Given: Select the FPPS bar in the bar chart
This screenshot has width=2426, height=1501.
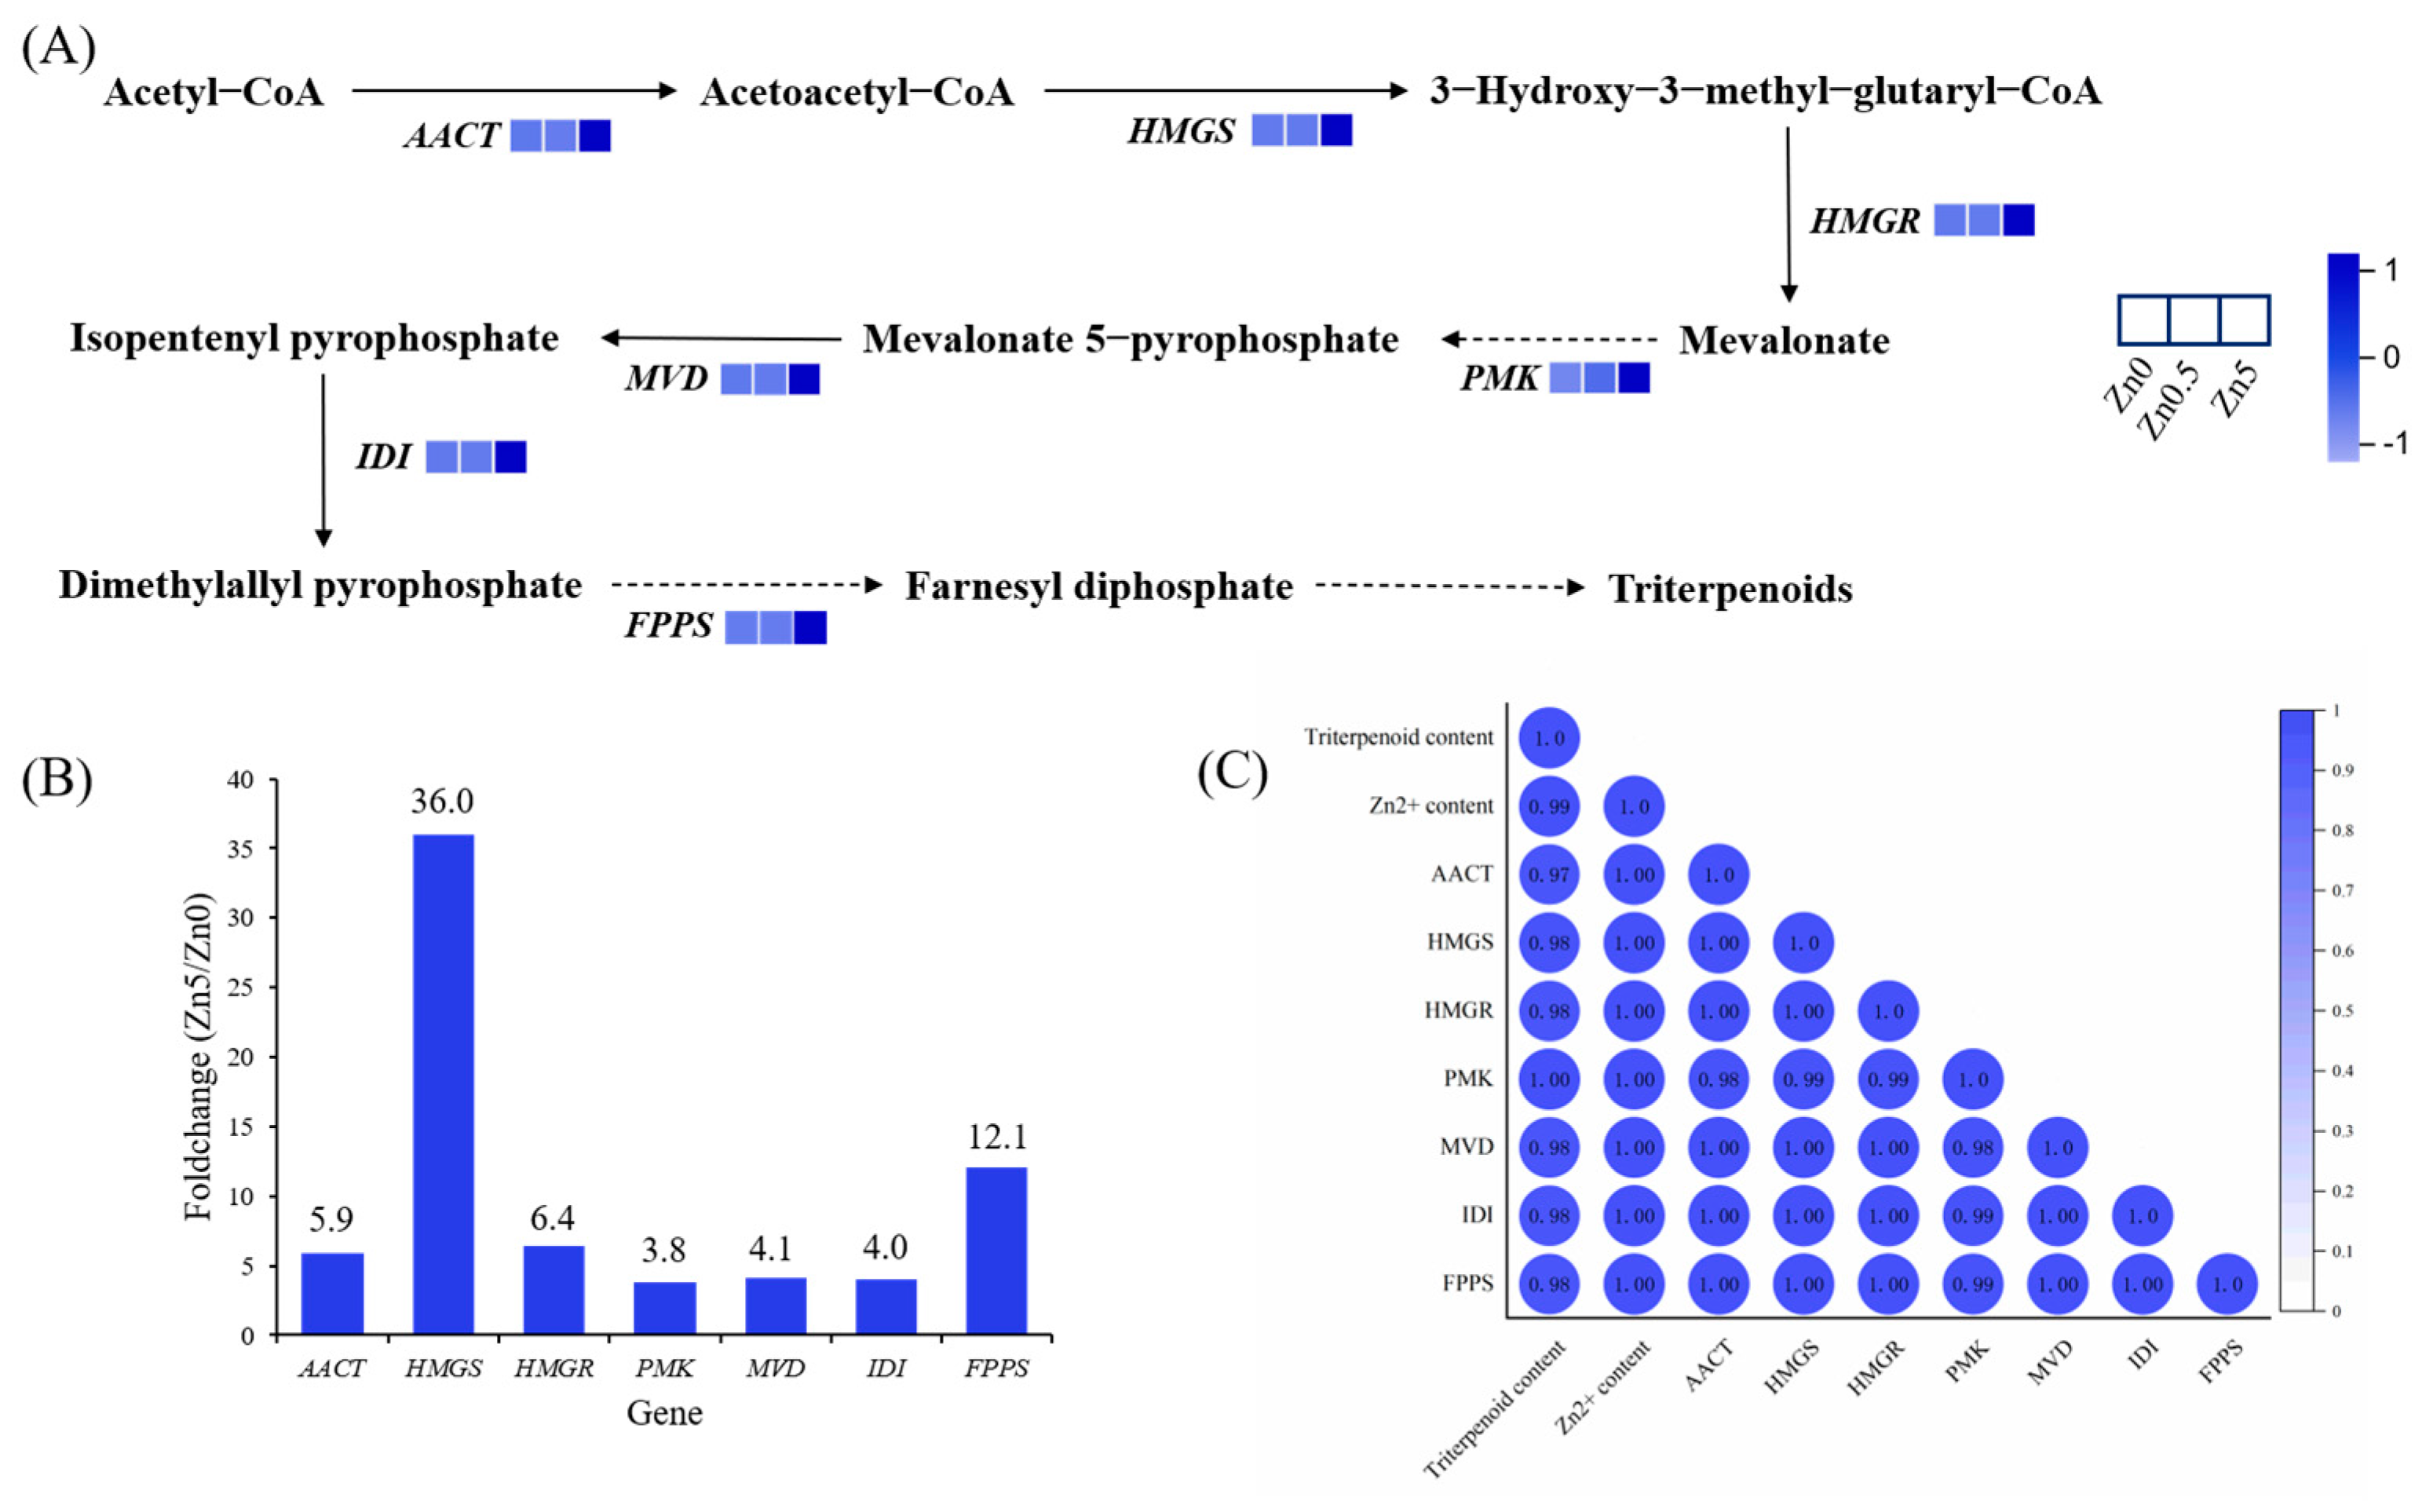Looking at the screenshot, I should (996, 1250).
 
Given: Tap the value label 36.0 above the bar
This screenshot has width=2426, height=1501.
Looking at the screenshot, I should (442, 801).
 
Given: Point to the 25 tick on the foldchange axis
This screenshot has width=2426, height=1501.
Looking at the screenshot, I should (240, 988).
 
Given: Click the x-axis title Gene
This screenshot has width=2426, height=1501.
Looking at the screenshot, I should (664, 1412).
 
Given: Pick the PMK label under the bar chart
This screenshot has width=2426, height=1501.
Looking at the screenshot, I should (664, 1368).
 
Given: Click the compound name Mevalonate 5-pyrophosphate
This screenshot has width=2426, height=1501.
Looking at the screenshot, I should (1130, 339).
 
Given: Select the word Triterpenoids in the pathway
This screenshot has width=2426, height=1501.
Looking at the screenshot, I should (1730, 589).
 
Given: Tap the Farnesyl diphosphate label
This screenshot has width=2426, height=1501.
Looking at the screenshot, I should (1099, 586).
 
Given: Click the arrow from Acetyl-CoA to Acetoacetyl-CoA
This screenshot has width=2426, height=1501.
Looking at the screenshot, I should (513, 90).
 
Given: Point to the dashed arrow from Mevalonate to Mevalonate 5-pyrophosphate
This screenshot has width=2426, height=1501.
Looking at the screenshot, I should (1548, 339).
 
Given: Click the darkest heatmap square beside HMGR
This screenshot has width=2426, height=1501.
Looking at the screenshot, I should (2018, 221).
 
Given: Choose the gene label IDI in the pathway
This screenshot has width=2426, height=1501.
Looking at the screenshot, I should (383, 457).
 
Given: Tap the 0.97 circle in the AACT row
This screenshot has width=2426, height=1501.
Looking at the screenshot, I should (1548, 875).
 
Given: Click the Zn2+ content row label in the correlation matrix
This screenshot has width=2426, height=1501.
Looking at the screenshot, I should (1430, 806).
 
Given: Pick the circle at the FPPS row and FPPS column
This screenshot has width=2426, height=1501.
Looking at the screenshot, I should (2227, 1284).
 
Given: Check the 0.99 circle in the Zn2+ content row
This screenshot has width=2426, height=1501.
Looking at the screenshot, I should (1548, 806).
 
